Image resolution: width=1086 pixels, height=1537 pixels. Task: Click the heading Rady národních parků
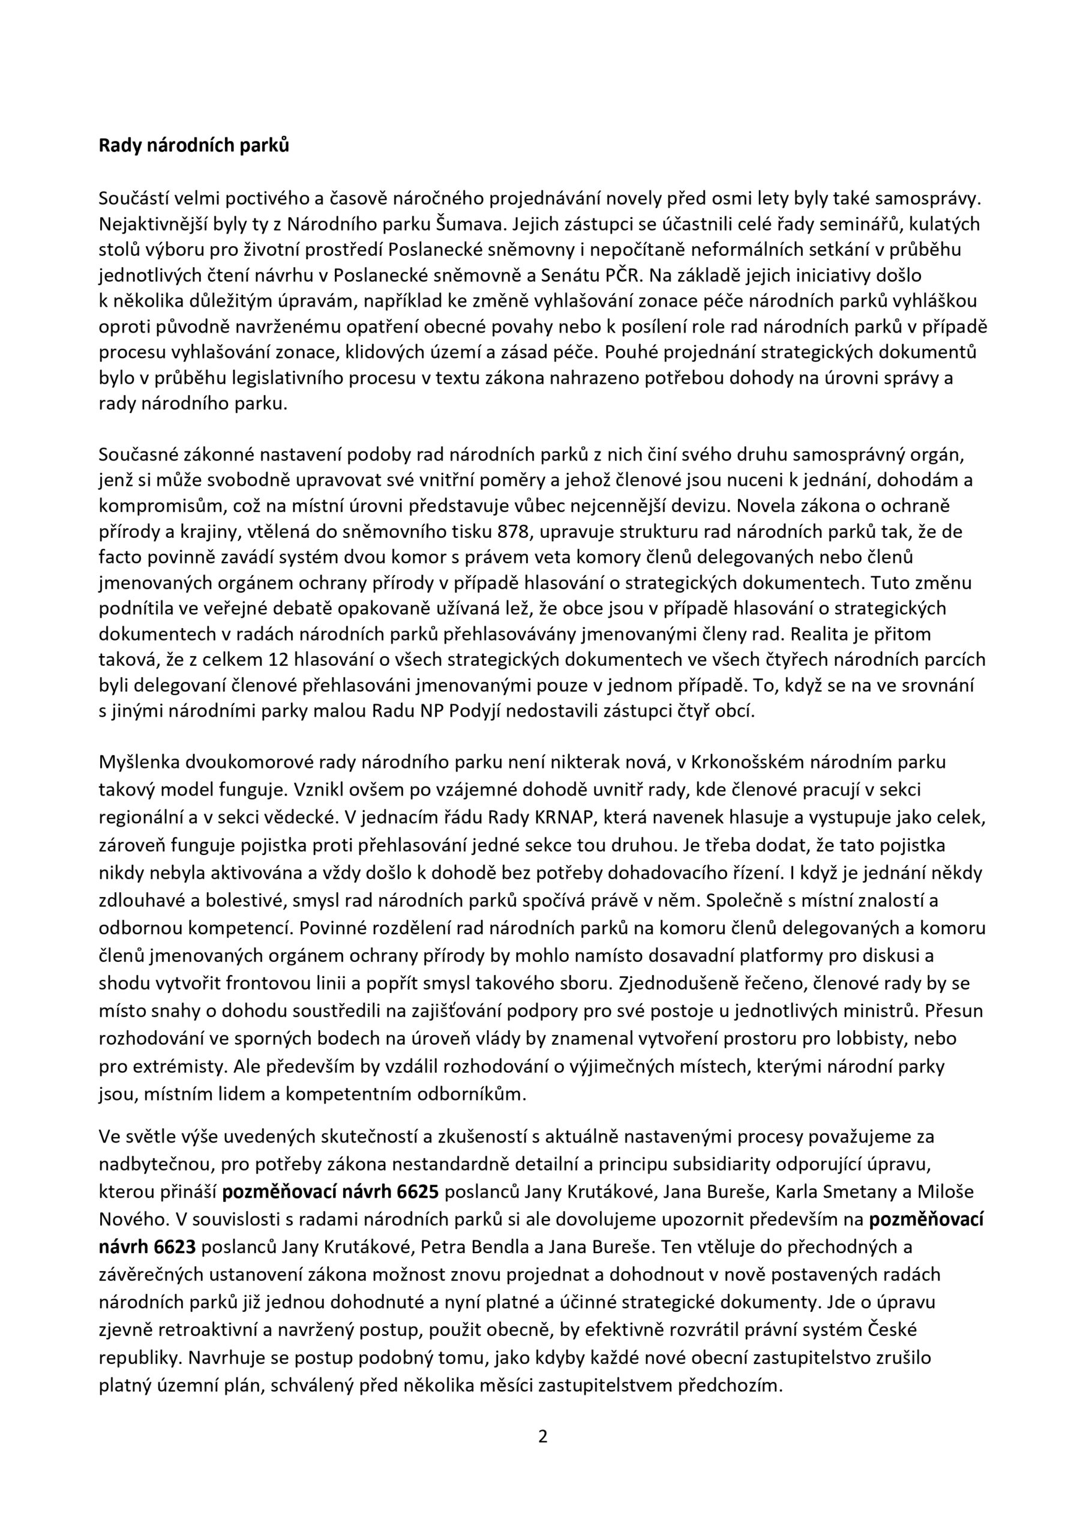click(x=194, y=146)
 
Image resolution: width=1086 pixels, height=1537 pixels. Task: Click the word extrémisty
click(x=170, y=1066)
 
